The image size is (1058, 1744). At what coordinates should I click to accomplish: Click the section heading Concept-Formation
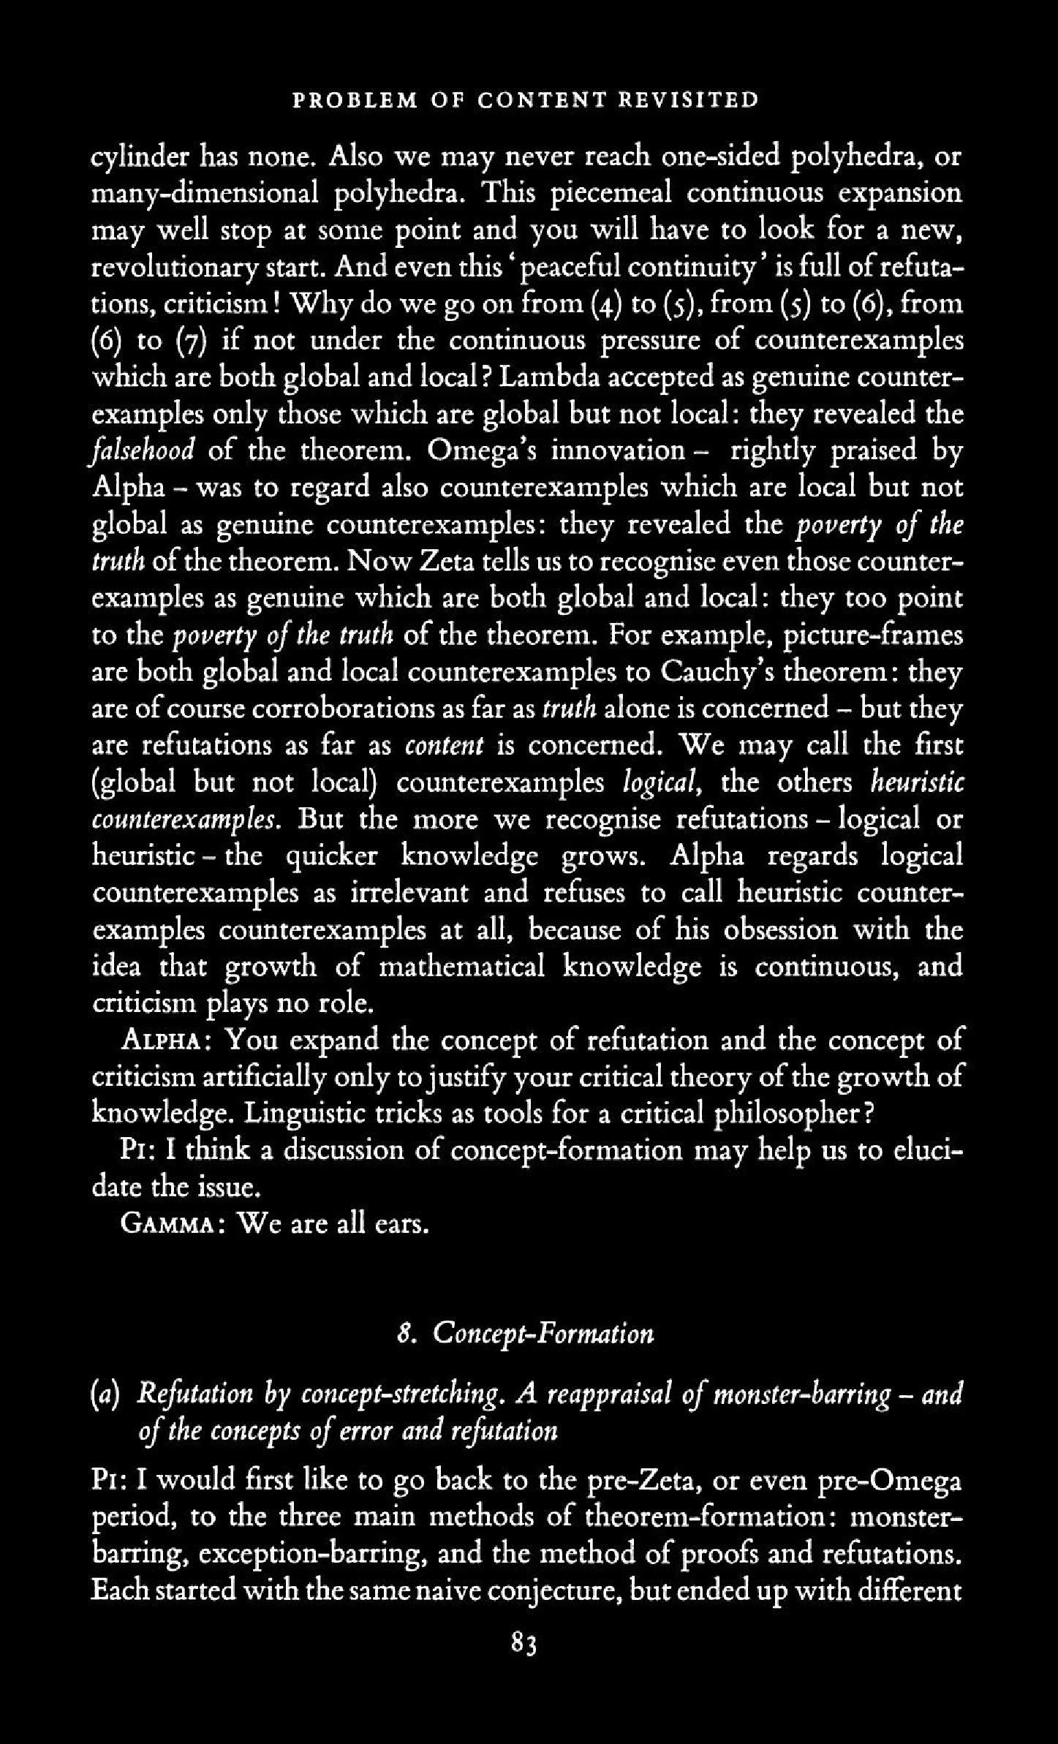tap(543, 1335)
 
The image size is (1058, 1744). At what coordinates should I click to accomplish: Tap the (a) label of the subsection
tap(107, 1394)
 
